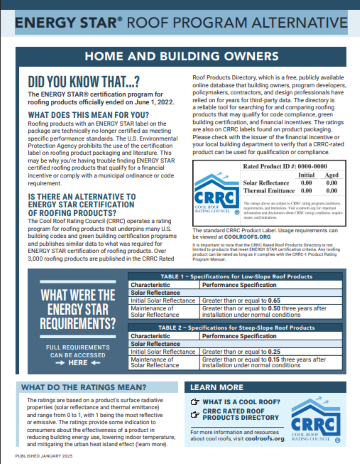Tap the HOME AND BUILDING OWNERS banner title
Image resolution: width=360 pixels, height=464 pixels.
[x=180, y=58]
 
